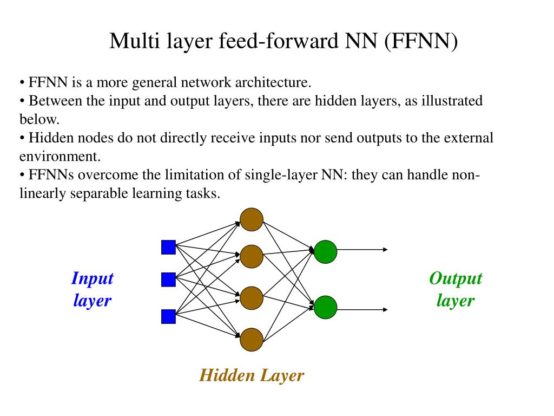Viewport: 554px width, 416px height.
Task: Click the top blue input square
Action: (x=169, y=247)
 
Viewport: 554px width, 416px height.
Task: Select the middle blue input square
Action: (x=169, y=279)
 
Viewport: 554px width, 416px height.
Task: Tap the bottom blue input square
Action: (x=169, y=316)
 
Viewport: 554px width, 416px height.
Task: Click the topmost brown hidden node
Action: (x=252, y=220)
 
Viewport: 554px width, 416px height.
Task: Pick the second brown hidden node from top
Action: (x=252, y=256)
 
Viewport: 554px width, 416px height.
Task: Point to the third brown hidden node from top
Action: (x=252, y=298)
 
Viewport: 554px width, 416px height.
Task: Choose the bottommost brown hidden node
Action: (x=252, y=340)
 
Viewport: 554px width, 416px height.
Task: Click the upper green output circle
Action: (x=325, y=252)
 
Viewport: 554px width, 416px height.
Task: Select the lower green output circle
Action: (x=325, y=308)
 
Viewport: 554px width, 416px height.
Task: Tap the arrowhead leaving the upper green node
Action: (x=385, y=250)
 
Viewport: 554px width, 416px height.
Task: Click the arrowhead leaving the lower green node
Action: (x=385, y=310)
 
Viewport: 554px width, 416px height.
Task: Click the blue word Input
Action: (x=93, y=279)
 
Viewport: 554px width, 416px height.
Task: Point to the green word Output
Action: (x=456, y=279)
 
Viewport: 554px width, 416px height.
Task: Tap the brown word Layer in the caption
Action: (x=282, y=376)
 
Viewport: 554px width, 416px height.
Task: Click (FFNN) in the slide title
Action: (x=421, y=41)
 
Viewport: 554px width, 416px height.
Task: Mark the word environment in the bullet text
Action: (x=60, y=157)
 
